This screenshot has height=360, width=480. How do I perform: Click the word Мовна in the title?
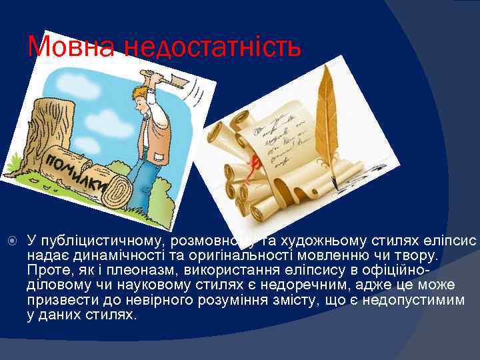pos(67,47)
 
